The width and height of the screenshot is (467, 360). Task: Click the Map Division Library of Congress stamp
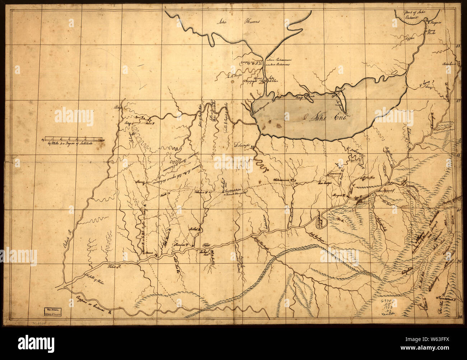click(x=53, y=311)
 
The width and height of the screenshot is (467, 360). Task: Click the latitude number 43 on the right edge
click(x=458, y=46)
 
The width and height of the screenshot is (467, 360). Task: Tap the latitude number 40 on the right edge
click(x=458, y=211)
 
